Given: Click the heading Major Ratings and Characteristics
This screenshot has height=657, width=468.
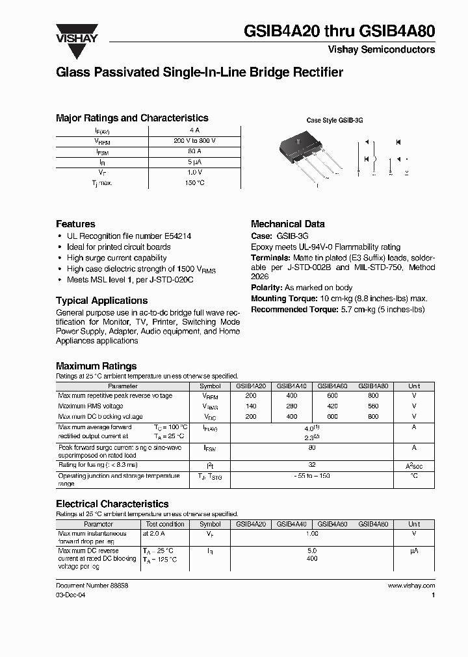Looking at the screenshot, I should click(132, 118).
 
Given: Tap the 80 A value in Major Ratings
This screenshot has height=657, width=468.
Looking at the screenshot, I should click(195, 151).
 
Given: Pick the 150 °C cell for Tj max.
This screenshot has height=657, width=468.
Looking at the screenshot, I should click(195, 183).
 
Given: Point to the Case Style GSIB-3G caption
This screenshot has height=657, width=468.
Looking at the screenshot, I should click(334, 121).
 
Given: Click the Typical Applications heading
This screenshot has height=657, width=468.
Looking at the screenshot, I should click(101, 301).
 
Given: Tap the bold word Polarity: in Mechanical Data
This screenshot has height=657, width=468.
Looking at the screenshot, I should click(266, 288).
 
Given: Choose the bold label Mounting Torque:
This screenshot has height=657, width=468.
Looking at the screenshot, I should click(284, 299).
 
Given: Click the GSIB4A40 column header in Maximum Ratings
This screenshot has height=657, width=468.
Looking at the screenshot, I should click(292, 386).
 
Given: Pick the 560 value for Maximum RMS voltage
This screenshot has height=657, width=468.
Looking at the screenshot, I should click(373, 406).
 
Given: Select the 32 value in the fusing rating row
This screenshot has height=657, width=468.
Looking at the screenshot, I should click(312, 465).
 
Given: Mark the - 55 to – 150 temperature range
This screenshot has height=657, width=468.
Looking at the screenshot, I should click(312, 477).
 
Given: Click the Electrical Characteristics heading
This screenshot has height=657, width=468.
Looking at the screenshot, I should click(112, 504).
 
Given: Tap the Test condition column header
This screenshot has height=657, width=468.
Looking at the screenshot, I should click(164, 524).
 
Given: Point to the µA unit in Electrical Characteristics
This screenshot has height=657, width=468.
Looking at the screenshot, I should click(413, 550).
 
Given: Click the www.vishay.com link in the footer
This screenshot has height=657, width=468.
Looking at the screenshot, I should click(411, 586).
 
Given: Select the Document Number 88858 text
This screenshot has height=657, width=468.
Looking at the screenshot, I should click(92, 586).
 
